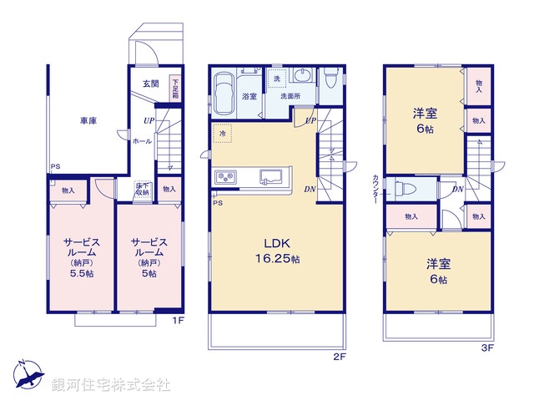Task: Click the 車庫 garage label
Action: [x=88, y=122]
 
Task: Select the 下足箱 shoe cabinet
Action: [x=174, y=88]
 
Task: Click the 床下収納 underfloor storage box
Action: [x=143, y=190]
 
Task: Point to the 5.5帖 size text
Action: [x=80, y=273]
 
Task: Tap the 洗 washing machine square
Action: [x=277, y=78]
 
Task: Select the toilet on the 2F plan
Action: [x=331, y=81]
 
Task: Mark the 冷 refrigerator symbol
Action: [x=223, y=134]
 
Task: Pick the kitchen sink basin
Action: [x=270, y=176]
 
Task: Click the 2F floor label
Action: [x=339, y=356]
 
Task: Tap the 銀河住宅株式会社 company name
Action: [x=111, y=385]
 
